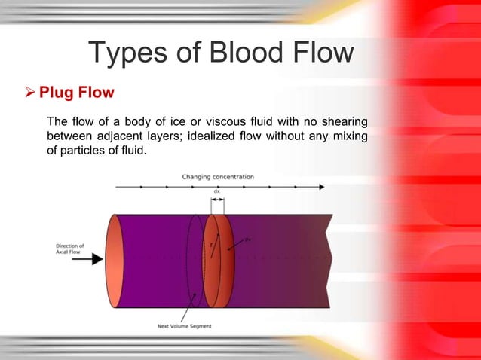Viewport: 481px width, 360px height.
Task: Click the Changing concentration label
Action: (218, 177)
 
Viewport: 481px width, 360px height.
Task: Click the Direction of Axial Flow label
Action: (70, 249)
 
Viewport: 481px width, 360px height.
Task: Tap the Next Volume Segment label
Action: (185, 326)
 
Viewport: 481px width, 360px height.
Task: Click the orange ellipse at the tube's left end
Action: (114, 261)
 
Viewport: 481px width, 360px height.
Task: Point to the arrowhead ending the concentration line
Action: (322, 186)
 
